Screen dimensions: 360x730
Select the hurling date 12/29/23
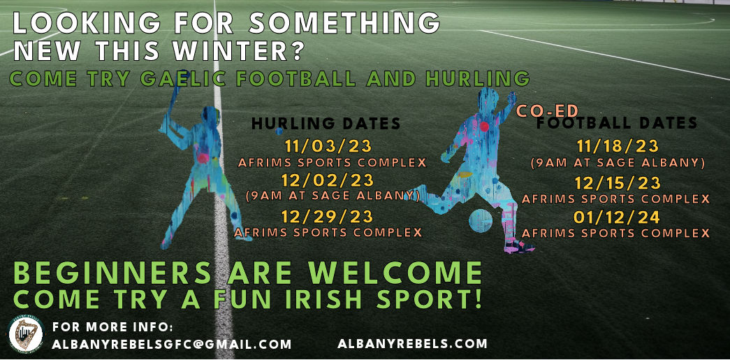coord(328,217)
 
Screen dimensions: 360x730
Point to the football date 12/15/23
coord(616,183)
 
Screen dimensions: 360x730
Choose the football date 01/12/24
coord(616,217)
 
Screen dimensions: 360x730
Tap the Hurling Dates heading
coord(326,124)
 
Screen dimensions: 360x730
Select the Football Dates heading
coord(616,124)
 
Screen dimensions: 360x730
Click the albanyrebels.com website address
coord(412,343)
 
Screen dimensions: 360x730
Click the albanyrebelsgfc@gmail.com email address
coord(172,344)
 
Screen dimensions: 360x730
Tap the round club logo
coord(26,335)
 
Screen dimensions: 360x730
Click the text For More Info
coord(112,327)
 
